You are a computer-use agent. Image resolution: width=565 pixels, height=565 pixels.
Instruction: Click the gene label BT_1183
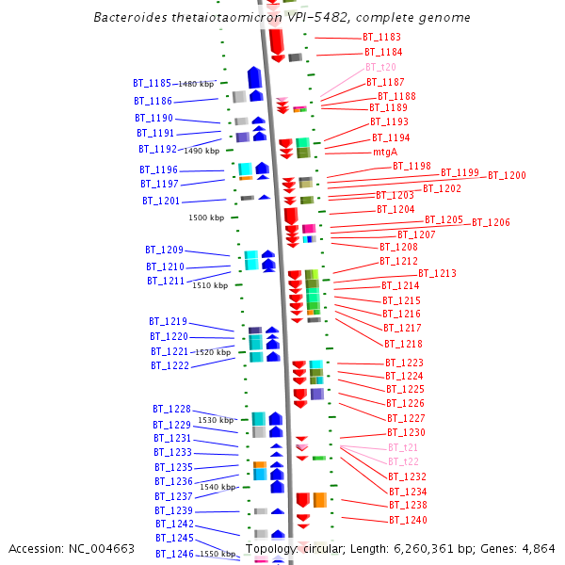[381, 37]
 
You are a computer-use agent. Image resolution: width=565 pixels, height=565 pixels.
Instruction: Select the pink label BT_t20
[380, 68]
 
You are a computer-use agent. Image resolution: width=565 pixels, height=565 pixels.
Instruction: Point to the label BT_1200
[507, 176]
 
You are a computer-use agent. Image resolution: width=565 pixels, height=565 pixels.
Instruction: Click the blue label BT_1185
[152, 84]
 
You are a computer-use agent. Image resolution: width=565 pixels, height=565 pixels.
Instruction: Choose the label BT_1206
[491, 223]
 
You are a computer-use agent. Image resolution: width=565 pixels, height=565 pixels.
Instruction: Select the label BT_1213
[437, 274]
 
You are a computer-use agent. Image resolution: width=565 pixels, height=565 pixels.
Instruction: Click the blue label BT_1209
[164, 250]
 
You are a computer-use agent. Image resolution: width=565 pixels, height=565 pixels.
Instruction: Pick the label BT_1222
[169, 365]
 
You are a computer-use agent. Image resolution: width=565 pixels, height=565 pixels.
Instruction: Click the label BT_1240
[408, 520]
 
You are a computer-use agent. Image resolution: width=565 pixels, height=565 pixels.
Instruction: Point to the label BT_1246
[174, 555]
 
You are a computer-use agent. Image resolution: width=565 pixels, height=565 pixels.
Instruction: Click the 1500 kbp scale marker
[206, 218]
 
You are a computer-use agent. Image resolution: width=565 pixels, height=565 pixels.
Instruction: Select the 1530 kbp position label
[215, 420]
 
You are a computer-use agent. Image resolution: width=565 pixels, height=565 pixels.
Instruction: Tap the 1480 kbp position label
[194, 84]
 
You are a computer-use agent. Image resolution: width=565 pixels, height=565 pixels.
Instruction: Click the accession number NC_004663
[102, 549]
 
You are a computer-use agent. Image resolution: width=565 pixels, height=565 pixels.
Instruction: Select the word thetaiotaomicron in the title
[230, 18]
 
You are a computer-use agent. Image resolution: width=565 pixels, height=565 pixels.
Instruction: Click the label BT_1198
[412, 167]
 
